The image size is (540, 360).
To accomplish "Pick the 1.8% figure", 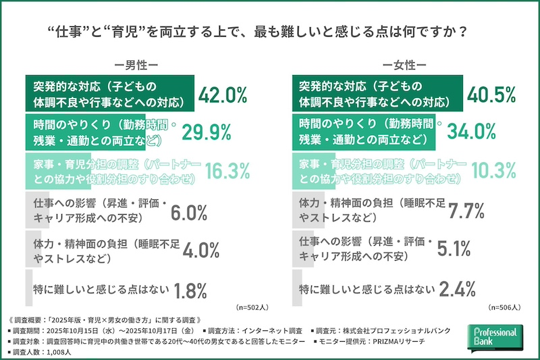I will coord(190,290).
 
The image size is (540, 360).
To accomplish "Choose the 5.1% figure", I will coord(453,249).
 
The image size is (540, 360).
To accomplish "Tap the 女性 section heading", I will coord(404,66).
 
